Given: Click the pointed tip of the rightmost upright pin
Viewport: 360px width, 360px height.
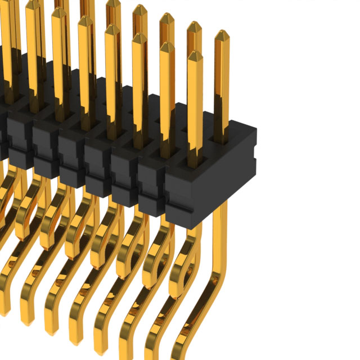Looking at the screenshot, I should [x=222, y=35].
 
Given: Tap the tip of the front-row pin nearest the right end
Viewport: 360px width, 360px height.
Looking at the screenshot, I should [x=194, y=55].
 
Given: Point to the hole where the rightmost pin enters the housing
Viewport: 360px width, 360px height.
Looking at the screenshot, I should [x=222, y=137].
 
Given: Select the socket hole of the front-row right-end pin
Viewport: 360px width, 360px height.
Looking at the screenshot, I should [x=194, y=161].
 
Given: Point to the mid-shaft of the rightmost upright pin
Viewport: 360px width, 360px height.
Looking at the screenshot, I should [x=222, y=84].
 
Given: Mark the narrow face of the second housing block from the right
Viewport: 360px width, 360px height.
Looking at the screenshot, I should [x=151, y=186].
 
